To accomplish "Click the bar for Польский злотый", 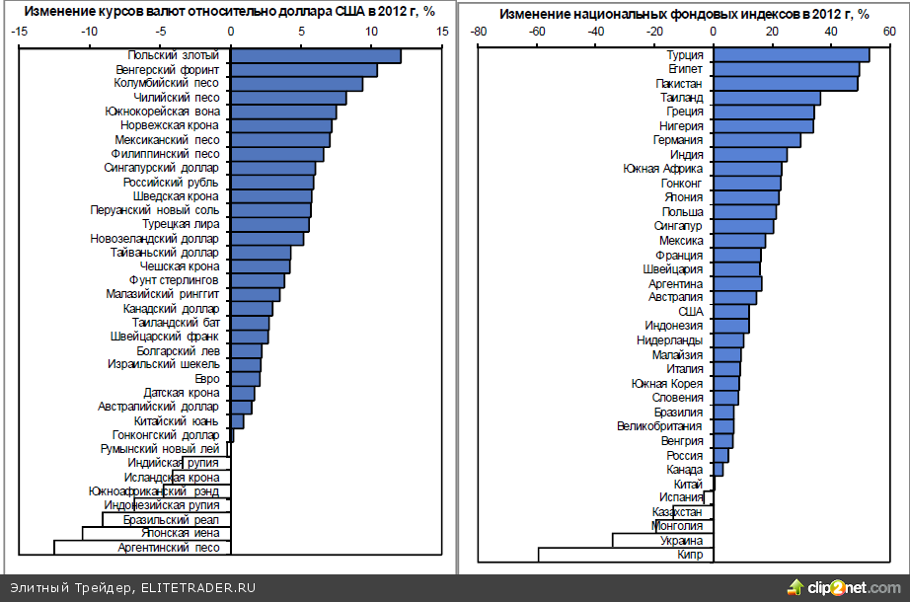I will click(x=315, y=56).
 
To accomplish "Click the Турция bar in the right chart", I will click(x=791, y=55).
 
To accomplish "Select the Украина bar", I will click(x=662, y=540).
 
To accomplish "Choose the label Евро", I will click(x=206, y=378).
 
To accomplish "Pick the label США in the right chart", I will click(x=691, y=311).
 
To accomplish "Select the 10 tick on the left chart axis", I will click(x=371, y=32).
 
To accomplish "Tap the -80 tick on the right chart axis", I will click(x=480, y=32).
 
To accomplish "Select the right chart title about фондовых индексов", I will click(x=684, y=14).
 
